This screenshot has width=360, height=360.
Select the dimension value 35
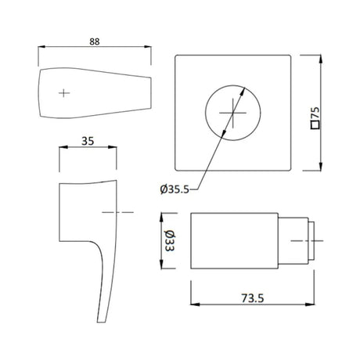[88, 142]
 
